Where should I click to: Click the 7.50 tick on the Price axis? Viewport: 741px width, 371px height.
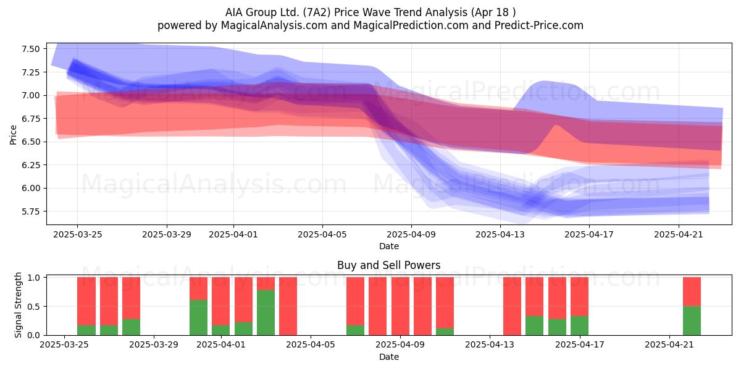(x=30, y=49)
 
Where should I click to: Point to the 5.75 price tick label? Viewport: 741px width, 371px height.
(x=30, y=211)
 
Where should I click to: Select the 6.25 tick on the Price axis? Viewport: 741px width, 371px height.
(x=30, y=165)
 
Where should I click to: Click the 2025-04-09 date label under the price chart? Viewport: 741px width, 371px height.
(x=411, y=234)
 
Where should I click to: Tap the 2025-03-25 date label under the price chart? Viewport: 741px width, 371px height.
(x=78, y=234)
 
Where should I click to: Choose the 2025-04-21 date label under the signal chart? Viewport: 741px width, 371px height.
(x=669, y=345)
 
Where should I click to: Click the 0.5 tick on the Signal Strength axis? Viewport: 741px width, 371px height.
(x=34, y=307)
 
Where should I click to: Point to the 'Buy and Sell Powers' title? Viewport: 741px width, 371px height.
(x=388, y=265)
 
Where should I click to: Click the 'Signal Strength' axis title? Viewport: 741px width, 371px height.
(x=18, y=305)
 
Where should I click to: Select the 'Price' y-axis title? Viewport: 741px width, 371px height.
(x=13, y=135)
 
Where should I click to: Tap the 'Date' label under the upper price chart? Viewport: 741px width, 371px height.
(x=388, y=247)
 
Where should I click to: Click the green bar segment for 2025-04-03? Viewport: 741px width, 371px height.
(x=266, y=313)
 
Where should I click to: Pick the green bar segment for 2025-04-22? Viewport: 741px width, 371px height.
(x=692, y=321)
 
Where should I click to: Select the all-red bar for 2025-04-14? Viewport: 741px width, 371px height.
(x=512, y=306)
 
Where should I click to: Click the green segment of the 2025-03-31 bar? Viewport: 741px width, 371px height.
(x=198, y=317)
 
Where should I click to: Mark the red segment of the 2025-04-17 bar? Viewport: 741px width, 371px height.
(x=580, y=296)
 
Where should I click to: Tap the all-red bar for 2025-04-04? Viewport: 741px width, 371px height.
(x=288, y=306)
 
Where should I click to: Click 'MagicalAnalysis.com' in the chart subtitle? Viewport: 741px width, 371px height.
(x=274, y=25)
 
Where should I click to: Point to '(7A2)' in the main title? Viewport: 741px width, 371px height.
(x=317, y=12)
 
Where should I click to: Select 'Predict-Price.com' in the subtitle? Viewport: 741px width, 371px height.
(x=539, y=25)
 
